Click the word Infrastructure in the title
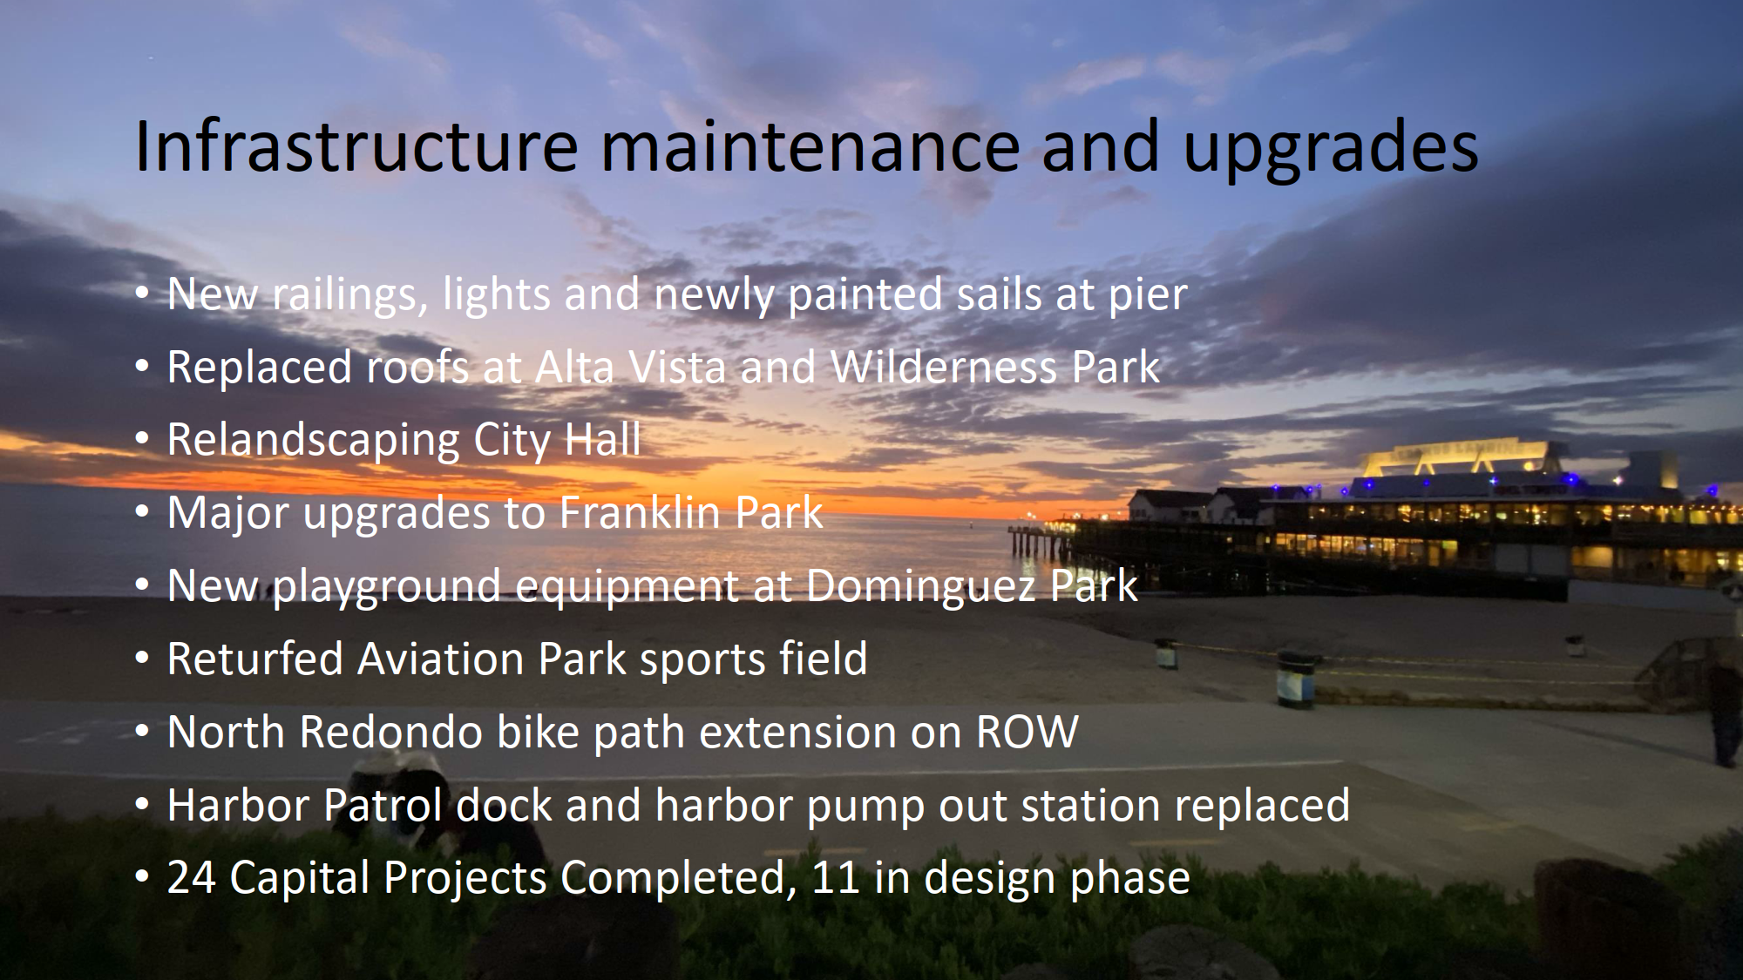(356, 145)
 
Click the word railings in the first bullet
(349, 294)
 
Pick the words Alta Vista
(630, 367)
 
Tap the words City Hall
(557, 439)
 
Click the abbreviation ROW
(1027, 732)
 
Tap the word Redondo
(391, 732)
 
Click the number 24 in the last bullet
(192, 877)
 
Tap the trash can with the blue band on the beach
(1295, 679)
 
